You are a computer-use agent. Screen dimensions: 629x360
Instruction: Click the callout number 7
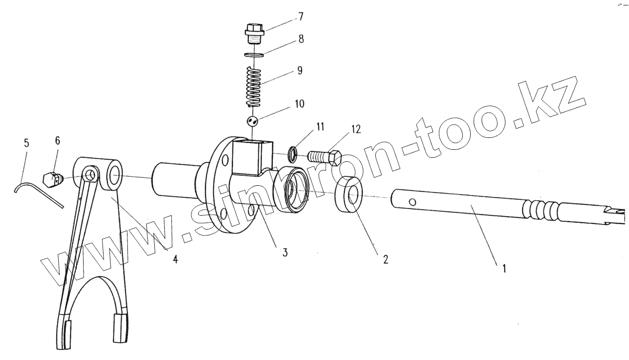300,17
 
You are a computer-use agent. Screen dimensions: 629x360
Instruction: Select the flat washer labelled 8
254,53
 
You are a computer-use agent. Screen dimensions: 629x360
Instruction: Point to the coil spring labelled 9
254,87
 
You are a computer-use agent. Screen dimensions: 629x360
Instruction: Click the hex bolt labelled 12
325,157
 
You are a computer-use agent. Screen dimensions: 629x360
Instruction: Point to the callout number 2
385,259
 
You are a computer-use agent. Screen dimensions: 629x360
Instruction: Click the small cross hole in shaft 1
413,202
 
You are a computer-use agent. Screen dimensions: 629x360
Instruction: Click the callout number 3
285,252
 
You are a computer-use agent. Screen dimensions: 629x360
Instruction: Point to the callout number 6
57,141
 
